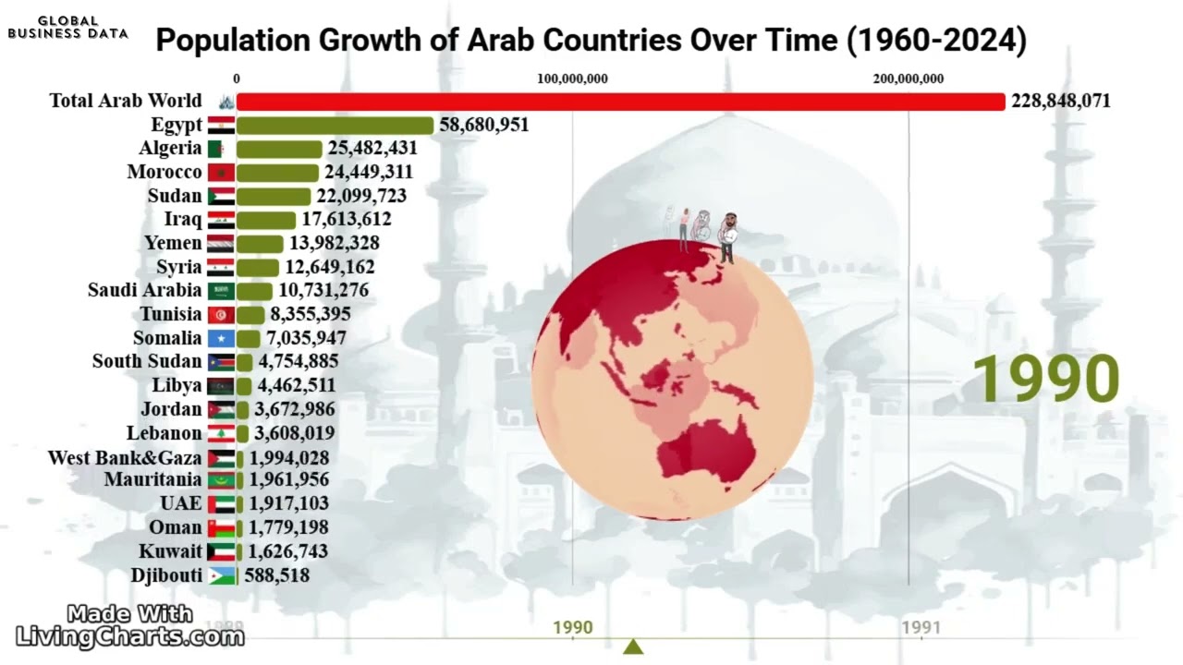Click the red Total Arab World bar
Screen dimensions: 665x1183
(x=619, y=102)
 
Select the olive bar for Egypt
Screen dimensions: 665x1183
(x=335, y=126)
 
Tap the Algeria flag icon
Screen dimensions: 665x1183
(x=221, y=149)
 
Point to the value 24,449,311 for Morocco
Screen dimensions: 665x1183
(x=368, y=172)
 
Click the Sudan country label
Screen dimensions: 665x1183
(x=174, y=196)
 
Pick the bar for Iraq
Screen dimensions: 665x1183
(x=266, y=220)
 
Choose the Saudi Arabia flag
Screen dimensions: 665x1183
(x=221, y=291)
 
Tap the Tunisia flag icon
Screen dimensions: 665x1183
(x=221, y=315)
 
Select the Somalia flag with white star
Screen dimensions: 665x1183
(x=221, y=339)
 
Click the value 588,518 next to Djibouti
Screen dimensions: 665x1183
(x=276, y=575)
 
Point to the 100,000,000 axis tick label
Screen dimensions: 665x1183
(x=572, y=79)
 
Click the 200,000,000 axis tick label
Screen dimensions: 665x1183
(x=908, y=79)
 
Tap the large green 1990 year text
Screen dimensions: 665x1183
(x=1045, y=379)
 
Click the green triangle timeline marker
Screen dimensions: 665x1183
(x=633, y=647)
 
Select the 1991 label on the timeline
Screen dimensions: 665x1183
(x=921, y=628)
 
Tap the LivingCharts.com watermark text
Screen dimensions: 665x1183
(x=130, y=635)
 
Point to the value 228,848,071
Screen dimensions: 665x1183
(x=1060, y=102)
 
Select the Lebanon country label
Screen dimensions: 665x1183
(x=164, y=433)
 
